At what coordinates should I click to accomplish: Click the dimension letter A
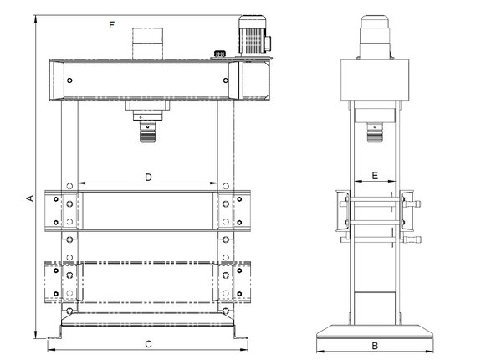28,198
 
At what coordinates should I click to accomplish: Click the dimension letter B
376,345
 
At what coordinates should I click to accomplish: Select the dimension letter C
148,344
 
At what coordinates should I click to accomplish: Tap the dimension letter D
148,177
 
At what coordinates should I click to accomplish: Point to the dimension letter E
375,176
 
